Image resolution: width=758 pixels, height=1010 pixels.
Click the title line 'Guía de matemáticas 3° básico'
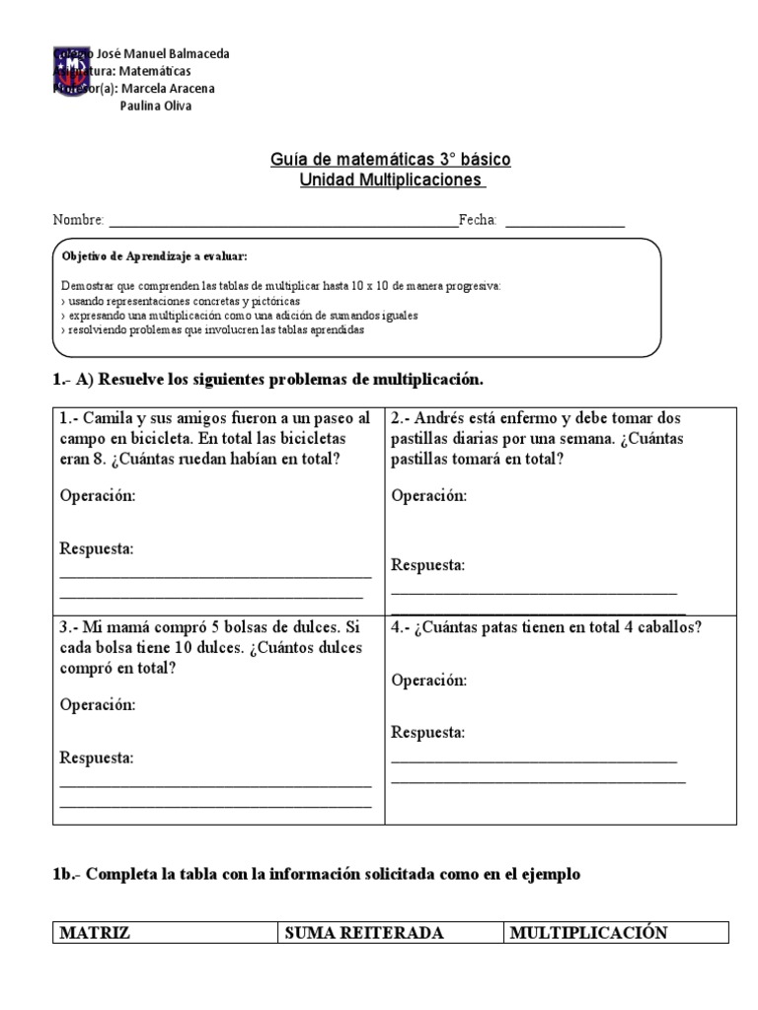(x=390, y=159)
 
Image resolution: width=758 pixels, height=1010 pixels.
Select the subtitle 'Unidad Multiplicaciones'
(x=393, y=180)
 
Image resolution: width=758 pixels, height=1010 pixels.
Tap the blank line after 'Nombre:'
(x=282, y=222)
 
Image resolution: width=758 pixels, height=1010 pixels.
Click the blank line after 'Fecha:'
(x=565, y=222)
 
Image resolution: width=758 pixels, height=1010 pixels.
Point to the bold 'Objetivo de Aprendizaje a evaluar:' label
(x=154, y=255)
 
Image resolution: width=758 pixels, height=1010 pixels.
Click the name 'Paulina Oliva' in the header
(x=155, y=107)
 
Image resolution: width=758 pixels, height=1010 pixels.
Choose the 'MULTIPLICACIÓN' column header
(x=588, y=933)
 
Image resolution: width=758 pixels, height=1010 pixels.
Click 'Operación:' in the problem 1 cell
(x=98, y=496)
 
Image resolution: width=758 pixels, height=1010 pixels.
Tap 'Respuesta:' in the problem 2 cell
(x=427, y=565)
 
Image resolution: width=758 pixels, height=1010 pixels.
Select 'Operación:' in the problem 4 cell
(x=429, y=681)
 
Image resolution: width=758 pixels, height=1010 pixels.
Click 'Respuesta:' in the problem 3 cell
(x=97, y=758)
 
